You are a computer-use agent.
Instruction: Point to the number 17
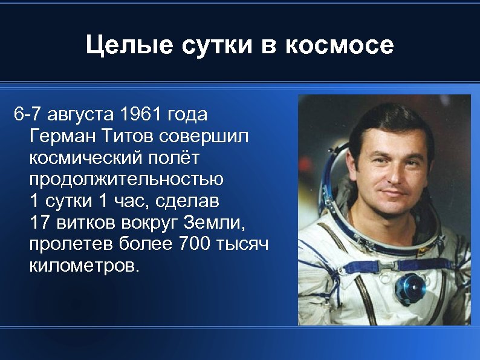click(39, 223)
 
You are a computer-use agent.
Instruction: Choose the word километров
click(84, 267)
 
